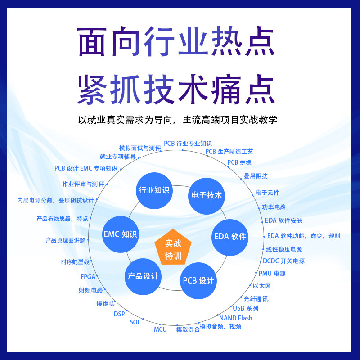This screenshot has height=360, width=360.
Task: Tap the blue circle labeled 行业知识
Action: pos(154,190)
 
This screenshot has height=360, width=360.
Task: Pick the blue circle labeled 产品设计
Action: pos(143,276)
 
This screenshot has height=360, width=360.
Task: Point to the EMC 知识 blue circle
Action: pos(121,234)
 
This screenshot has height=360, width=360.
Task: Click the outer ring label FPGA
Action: pos(88,277)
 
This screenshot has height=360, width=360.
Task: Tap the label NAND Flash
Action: pos(235,318)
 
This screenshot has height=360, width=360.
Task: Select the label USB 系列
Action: pos(245,308)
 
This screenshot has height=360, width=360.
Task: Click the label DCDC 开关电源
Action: pos(283,261)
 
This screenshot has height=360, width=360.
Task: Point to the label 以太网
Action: pos(261,286)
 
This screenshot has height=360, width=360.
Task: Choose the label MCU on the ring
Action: pos(160,329)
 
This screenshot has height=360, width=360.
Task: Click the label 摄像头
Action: pos(105,304)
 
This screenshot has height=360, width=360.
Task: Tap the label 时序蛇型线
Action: pos(75,262)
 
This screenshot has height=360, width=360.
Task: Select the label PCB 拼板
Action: pos(239,162)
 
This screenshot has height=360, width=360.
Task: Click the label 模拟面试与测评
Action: pos(140,148)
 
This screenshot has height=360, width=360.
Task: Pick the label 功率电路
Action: pos(274,207)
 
